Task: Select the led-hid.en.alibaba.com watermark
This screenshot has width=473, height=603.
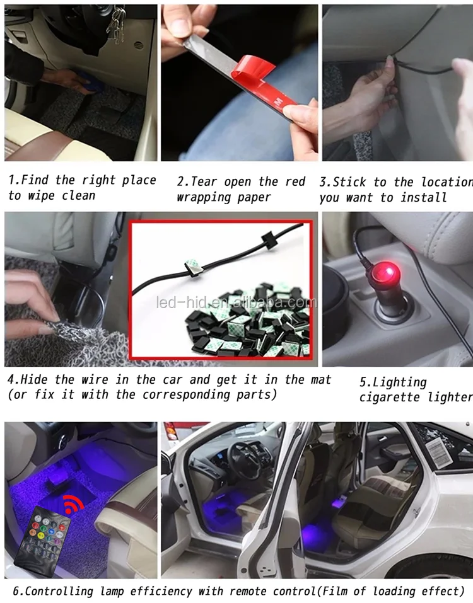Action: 237,302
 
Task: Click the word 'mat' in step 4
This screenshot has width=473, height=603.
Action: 320,380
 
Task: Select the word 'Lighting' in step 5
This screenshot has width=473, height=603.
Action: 393,382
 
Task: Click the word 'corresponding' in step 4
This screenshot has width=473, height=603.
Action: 187,395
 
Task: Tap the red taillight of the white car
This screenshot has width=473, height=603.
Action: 171,432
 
